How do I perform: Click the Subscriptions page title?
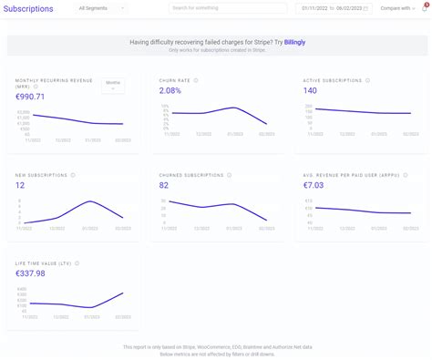[29, 8]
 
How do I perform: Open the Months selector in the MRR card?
[113, 85]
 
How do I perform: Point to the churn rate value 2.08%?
[170, 90]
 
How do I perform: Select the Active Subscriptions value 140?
[311, 90]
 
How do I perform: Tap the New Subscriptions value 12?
[21, 185]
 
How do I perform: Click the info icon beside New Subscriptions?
[73, 175]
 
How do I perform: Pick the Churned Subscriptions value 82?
[165, 185]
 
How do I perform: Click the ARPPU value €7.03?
[315, 185]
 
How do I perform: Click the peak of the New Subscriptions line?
[89, 201]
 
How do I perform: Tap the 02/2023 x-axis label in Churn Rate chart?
[266, 135]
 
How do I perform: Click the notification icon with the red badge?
[425, 8]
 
